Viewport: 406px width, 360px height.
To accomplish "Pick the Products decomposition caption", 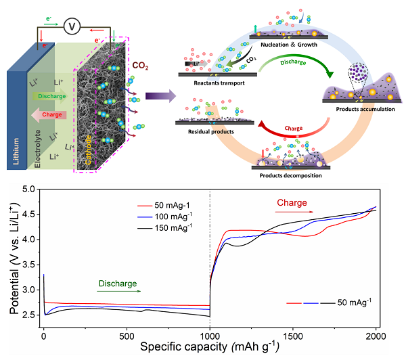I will pos(286,175).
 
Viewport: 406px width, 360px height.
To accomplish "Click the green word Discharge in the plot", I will pos(112,284).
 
